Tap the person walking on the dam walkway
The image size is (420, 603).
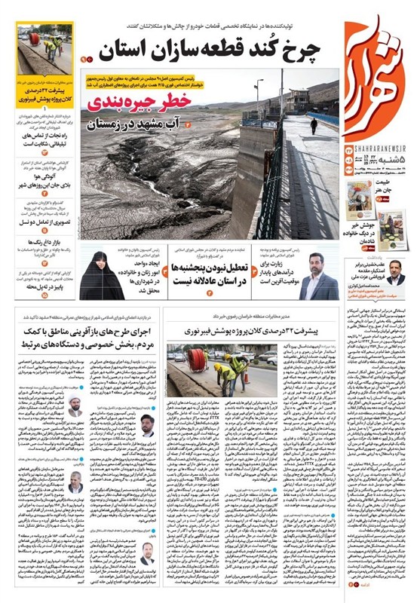click(314, 125)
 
